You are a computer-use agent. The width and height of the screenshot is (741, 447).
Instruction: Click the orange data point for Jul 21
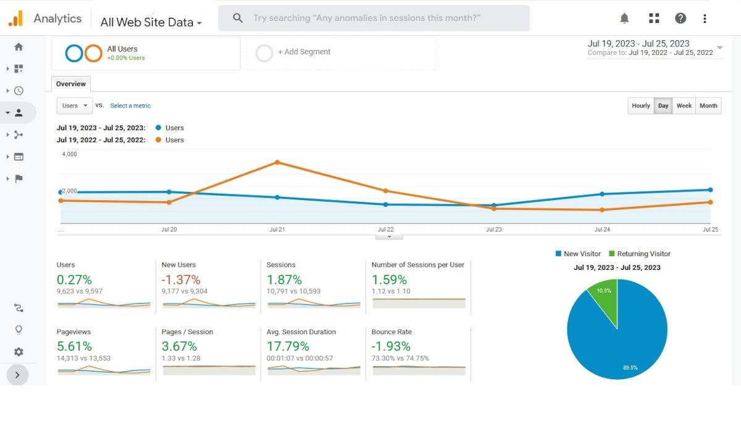click(x=277, y=162)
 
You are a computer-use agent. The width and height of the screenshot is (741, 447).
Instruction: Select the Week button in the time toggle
click(x=684, y=106)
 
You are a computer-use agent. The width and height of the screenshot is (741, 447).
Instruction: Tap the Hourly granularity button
click(x=640, y=106)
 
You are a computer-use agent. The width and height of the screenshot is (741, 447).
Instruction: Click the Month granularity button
click(x=708, y=106)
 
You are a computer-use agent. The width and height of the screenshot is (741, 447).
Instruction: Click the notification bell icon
click(x=624, y=19)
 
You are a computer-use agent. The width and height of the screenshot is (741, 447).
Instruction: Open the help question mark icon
click(x=680, y=19)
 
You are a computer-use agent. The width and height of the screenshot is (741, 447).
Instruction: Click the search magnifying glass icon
click(x=238, y=19)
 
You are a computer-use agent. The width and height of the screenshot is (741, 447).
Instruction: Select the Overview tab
click(x=71, y=84)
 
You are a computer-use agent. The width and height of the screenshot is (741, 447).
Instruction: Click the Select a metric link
click(x=130, y=106)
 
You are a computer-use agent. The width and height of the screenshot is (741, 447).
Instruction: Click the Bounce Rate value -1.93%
click(x=389, y=346)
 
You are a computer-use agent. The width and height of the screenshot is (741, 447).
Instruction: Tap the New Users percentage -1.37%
click(x=180, y=280)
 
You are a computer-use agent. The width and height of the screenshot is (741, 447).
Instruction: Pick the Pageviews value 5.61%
click(x=74, y=346)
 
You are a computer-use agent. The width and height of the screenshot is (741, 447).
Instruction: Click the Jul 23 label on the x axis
click(x=494, y=230)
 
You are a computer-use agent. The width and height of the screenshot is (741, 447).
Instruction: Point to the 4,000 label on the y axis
click(x=69, y=154)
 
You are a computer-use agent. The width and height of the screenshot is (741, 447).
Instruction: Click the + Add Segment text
click(x=304, y=52)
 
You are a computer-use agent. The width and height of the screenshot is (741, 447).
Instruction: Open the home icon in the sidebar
click(x=19, y=47)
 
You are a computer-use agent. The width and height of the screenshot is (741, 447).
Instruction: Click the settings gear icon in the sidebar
click(x=19, y=352)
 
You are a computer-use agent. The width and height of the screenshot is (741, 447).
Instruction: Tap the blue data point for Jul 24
click(x=602, y=194)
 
